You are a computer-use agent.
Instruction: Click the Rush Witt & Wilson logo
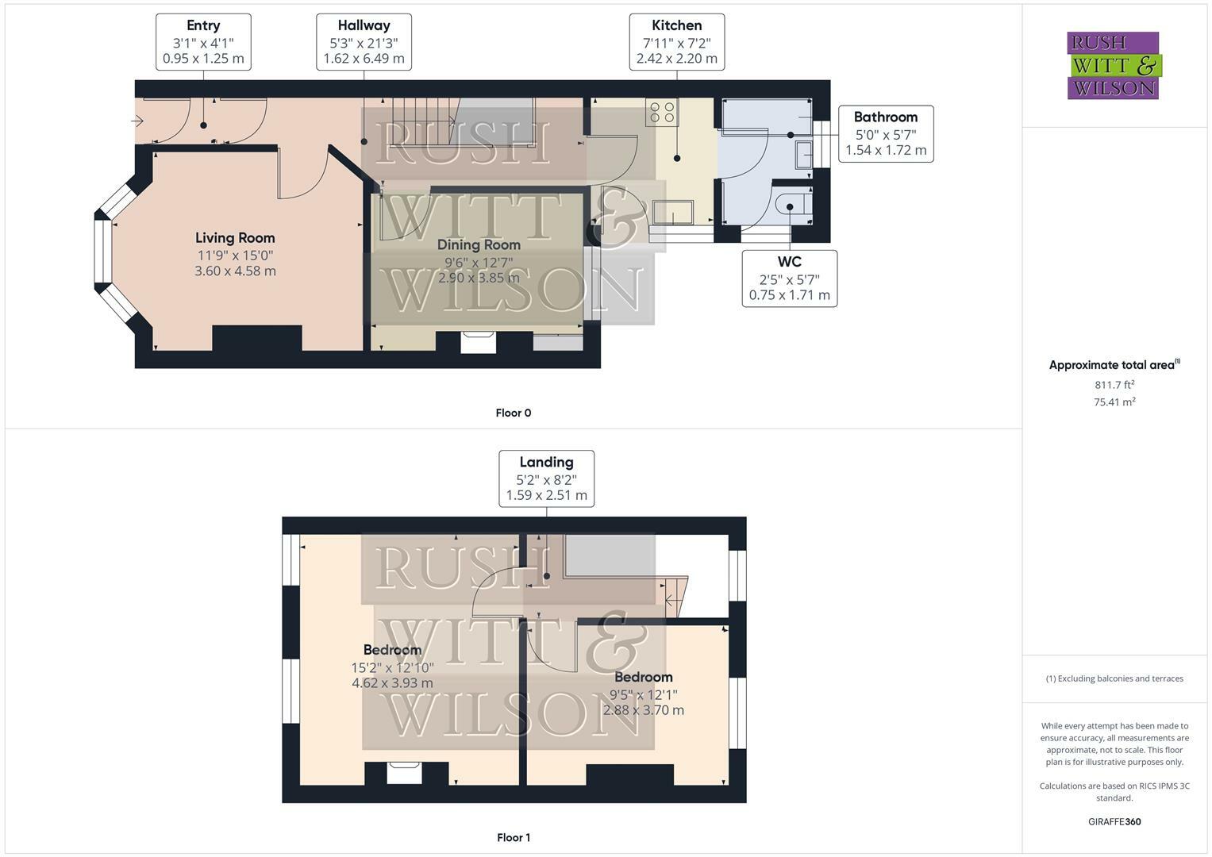click(x=1113, y=65)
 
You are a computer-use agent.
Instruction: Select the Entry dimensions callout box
click(x=203, y=42)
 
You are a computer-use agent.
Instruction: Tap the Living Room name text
click(x=235, y=238)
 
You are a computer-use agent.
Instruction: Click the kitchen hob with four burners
click(x=662, y=113)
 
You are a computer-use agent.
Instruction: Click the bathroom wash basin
click(x=803, y=154)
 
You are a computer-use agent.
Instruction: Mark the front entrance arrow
click(x=137, y=121)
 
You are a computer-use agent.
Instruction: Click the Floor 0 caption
click(x=513, y=413)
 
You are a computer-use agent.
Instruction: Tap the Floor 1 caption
click(x=513, y=837)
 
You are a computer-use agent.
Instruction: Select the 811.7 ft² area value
click(x=1114, y=385)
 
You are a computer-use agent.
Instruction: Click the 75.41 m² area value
click(x=1114, y=402)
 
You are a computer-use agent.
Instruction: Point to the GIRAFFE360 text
click(x=1114, y=821)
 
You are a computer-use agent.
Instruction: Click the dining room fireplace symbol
click(x=479, y=342)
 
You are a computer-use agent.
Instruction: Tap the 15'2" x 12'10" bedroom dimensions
click(x=392, y=667)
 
